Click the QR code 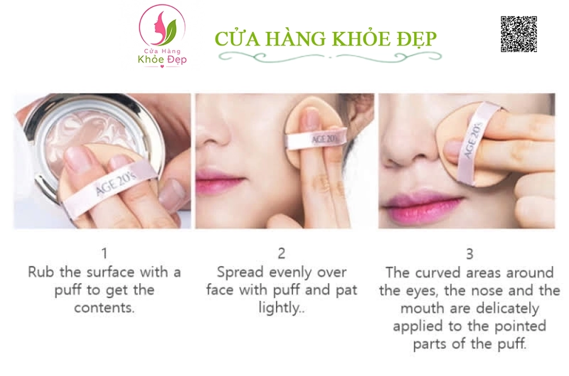tap(518, 34)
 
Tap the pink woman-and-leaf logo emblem tap(162, 27)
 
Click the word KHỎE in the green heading tap(360, 39)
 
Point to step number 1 tap(105, 253)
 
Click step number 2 tap(281, 253)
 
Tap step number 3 tap(469, 254)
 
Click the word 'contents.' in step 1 tap(105, 308)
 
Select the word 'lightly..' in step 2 tap(282, 308)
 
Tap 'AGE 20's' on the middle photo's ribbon tap(324, 139)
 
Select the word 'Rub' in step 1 tap(41, 272)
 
